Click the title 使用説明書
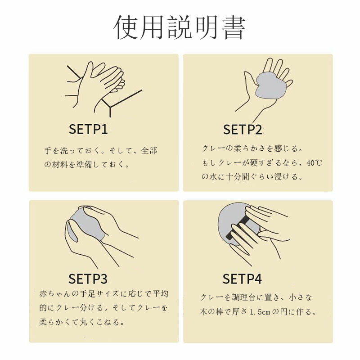180,28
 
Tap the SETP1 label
88,130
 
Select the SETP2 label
243,130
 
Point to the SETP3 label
88,279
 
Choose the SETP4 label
242,279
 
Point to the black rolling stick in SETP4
238,227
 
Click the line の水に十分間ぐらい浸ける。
252,177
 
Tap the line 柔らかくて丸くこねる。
81,322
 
